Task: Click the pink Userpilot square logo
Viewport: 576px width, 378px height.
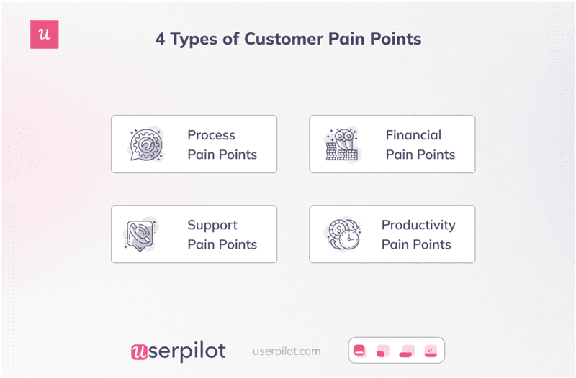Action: (x=44, y=35)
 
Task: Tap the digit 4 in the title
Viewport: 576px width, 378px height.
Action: (x=160, y=39)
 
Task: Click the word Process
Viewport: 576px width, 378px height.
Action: (x=211, y=134)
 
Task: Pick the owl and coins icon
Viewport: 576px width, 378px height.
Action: (x=341, y=144)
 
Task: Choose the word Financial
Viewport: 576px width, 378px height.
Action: (x=413, y=134)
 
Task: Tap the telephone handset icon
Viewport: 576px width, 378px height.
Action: (x=143, y=234)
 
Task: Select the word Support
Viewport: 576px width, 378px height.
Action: (x=212, y=225)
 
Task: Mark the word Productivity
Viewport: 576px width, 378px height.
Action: (x=419, y=225)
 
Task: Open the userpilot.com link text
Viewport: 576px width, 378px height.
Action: (x=287, y=351)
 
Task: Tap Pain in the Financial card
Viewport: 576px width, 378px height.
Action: (x=400, y=154)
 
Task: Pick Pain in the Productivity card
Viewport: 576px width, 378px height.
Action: (x=396, y=244)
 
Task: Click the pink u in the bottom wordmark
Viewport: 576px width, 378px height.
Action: (x=139, y=351)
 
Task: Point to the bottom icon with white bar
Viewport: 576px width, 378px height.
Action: (x=360, y=351)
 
